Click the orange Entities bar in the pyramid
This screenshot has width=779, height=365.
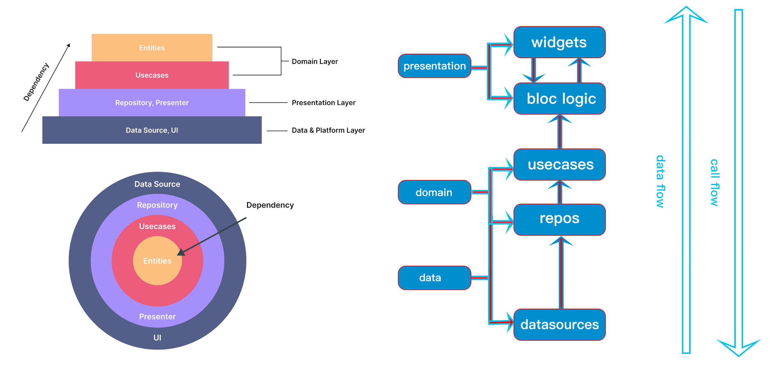(x=152, y=47)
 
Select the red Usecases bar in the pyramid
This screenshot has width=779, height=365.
(x=152, y=75)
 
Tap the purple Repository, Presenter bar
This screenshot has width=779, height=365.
(x=152, y=103)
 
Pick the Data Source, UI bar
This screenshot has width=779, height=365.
(x=152, y=130)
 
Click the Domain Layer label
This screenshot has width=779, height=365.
(x=315, y=61)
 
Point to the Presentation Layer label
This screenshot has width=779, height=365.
(x=323, y=103)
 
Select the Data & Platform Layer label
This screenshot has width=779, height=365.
(x=328, y=130)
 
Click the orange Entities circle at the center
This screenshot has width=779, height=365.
(x=157, y=261)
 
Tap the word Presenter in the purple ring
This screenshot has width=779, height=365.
(x=157, y=317)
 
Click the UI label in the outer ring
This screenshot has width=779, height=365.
(x=157, y=338)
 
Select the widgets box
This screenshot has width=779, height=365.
(x=559, y=42)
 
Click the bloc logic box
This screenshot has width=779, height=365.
(x=559, y=99)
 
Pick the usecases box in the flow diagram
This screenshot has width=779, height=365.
(x=559, y=165)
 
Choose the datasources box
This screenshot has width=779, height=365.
(x=559, y=325)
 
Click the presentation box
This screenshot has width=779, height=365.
(x=434, y=66)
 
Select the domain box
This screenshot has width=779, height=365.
(x=434, y=192)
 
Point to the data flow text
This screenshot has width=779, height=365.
(x=660, y=181)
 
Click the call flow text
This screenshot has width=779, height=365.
(x=714, y=182)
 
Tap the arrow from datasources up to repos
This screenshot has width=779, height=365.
(x=561, y=272)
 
